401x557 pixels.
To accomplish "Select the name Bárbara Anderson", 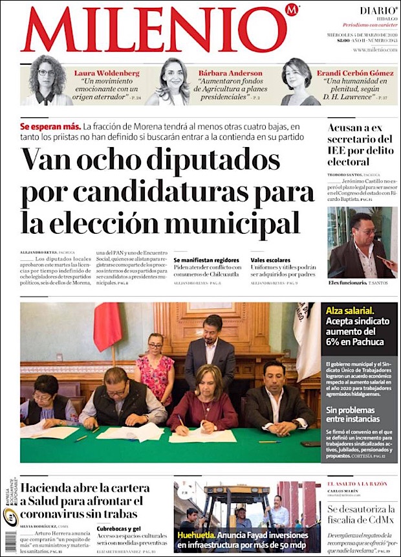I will pos(230,73).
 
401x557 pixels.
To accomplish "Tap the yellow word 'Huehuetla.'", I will pos(197,535).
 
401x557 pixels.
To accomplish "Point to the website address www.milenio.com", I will pos(374,50).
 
